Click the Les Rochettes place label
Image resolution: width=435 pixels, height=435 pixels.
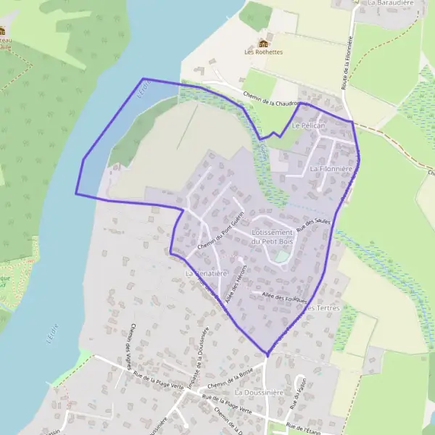click(263, 52)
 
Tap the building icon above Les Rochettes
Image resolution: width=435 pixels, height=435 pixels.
click(263, 43)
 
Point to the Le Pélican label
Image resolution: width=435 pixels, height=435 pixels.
click(307, 125)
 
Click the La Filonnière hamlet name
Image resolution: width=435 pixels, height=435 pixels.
click(331, 168)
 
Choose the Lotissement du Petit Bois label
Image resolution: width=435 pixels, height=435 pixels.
click(270, 236)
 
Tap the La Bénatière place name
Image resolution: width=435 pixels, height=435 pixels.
click(207, 274)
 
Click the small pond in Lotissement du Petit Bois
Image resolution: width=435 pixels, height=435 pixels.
click(280, 256)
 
